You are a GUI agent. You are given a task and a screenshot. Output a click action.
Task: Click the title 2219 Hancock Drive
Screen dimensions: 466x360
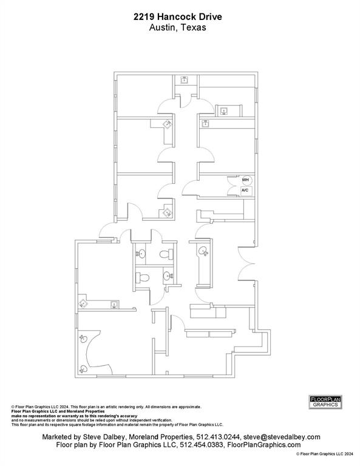coord(178,19)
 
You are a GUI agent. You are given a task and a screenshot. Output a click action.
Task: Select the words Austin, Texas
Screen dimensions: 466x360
coord(178,28)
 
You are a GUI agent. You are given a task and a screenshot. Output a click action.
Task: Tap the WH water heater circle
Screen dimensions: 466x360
coord(246,180)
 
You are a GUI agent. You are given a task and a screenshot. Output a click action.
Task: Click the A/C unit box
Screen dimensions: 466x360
coord(245,191)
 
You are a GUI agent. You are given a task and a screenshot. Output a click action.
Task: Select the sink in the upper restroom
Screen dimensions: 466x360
coord(141,254)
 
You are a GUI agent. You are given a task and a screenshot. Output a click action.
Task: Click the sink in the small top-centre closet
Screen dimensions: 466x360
coord(186,79)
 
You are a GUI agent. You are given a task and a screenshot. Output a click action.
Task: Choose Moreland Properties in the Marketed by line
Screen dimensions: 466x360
coord(160,437)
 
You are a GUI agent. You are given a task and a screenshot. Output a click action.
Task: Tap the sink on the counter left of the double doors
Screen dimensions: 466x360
coord(202,249)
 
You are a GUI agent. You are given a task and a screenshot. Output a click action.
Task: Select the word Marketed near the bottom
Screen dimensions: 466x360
coord(59,437)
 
